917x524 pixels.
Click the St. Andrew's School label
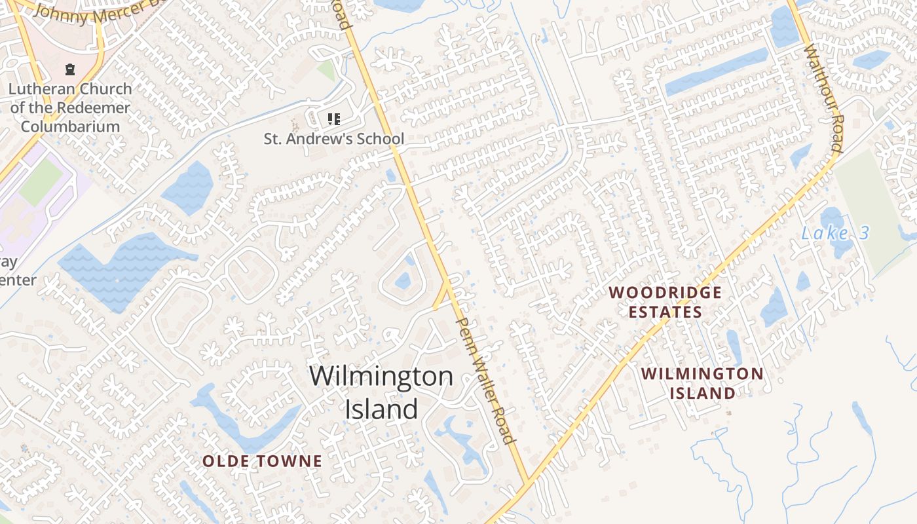(x=333, y=139)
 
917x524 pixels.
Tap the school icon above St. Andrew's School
(x=333, y=119)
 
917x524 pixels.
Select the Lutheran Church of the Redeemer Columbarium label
(x=70, y=107)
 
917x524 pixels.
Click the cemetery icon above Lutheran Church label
(x=69, y=69)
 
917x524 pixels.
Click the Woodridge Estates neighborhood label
(x=665, y=302)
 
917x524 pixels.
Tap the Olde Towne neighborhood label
(x=262, y=461)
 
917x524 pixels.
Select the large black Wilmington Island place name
(x=381, y=392)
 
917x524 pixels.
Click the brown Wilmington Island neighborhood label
(x=702, y=383)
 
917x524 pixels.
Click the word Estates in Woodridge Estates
(x=665, y=312)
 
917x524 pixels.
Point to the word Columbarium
(x=70, y=126)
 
